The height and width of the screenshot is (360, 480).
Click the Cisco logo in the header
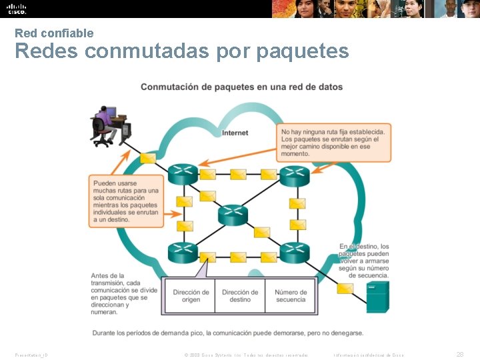[x=17, y=9]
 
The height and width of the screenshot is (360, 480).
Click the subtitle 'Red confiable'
[x=54, y=33]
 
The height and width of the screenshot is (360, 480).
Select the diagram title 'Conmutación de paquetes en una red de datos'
[x=241, y=87]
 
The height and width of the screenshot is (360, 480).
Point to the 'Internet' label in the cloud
[x=235, y=133]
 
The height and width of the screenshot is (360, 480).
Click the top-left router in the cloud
[x=182, y=175]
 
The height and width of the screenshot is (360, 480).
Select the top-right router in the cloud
[x=294, y=175]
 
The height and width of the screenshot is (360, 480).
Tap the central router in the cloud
[x=233, y=215]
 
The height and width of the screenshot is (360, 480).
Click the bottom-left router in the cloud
[x=182, y=253]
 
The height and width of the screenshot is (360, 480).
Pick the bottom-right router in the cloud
[x=294, y=253]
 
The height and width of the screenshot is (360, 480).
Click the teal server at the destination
[x=377, y=297]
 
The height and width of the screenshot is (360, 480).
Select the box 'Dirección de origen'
[x=191, y=296]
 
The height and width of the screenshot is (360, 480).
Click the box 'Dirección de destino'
[x=240, y=296]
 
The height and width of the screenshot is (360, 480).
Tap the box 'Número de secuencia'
[x=291, y=296]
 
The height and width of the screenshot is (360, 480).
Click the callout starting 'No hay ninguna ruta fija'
[x=333, y=143]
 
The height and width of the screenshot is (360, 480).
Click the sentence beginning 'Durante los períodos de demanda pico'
[x=229, y=333]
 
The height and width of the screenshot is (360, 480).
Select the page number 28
[x=459, y=354]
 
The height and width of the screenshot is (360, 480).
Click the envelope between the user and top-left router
[x=149, y=159]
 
